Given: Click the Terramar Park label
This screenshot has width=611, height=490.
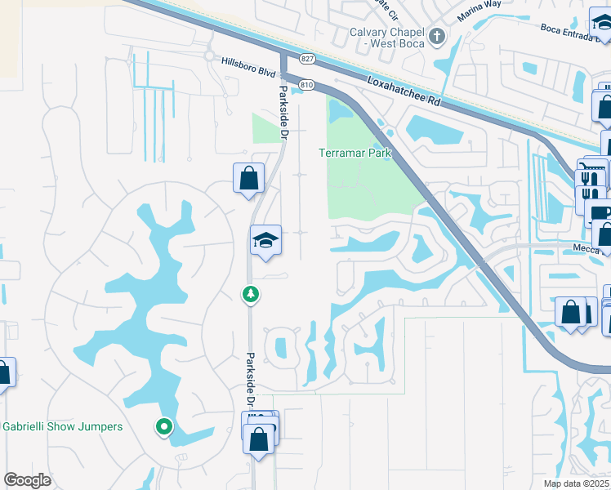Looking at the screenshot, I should pos(355,153).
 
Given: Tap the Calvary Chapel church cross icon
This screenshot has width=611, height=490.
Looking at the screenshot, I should pos(437,36).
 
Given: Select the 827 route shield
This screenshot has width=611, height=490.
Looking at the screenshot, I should pos(307,58).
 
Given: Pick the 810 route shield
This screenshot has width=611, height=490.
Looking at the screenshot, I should pos(307,84).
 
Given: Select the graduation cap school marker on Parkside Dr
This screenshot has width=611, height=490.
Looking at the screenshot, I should pos(265,240).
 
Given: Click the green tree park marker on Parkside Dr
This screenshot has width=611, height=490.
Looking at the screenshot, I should pos(252,294).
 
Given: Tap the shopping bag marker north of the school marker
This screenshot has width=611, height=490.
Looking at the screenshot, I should pos(248,178).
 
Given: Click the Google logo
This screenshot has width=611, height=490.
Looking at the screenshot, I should pos(27,480).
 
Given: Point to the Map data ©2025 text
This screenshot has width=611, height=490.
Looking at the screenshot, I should pos(577,483).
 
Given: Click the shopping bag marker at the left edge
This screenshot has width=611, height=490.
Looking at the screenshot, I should pos(4,372).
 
